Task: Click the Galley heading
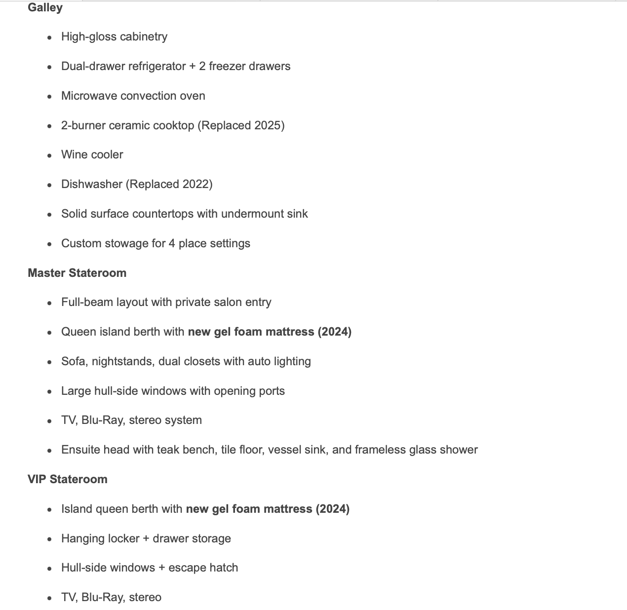point(45,8)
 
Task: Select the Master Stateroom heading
point(77,273)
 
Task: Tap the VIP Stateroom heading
point(68,479)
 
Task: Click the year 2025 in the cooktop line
point(268,125)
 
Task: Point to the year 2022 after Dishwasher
point(196,184)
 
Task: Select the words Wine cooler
point(92,154)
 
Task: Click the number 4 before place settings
point(172,243)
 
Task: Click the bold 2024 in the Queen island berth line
point(334,332)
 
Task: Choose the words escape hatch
point(203,568)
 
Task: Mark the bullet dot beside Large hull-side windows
point(49,392)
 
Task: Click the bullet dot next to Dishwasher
point(49,185)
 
